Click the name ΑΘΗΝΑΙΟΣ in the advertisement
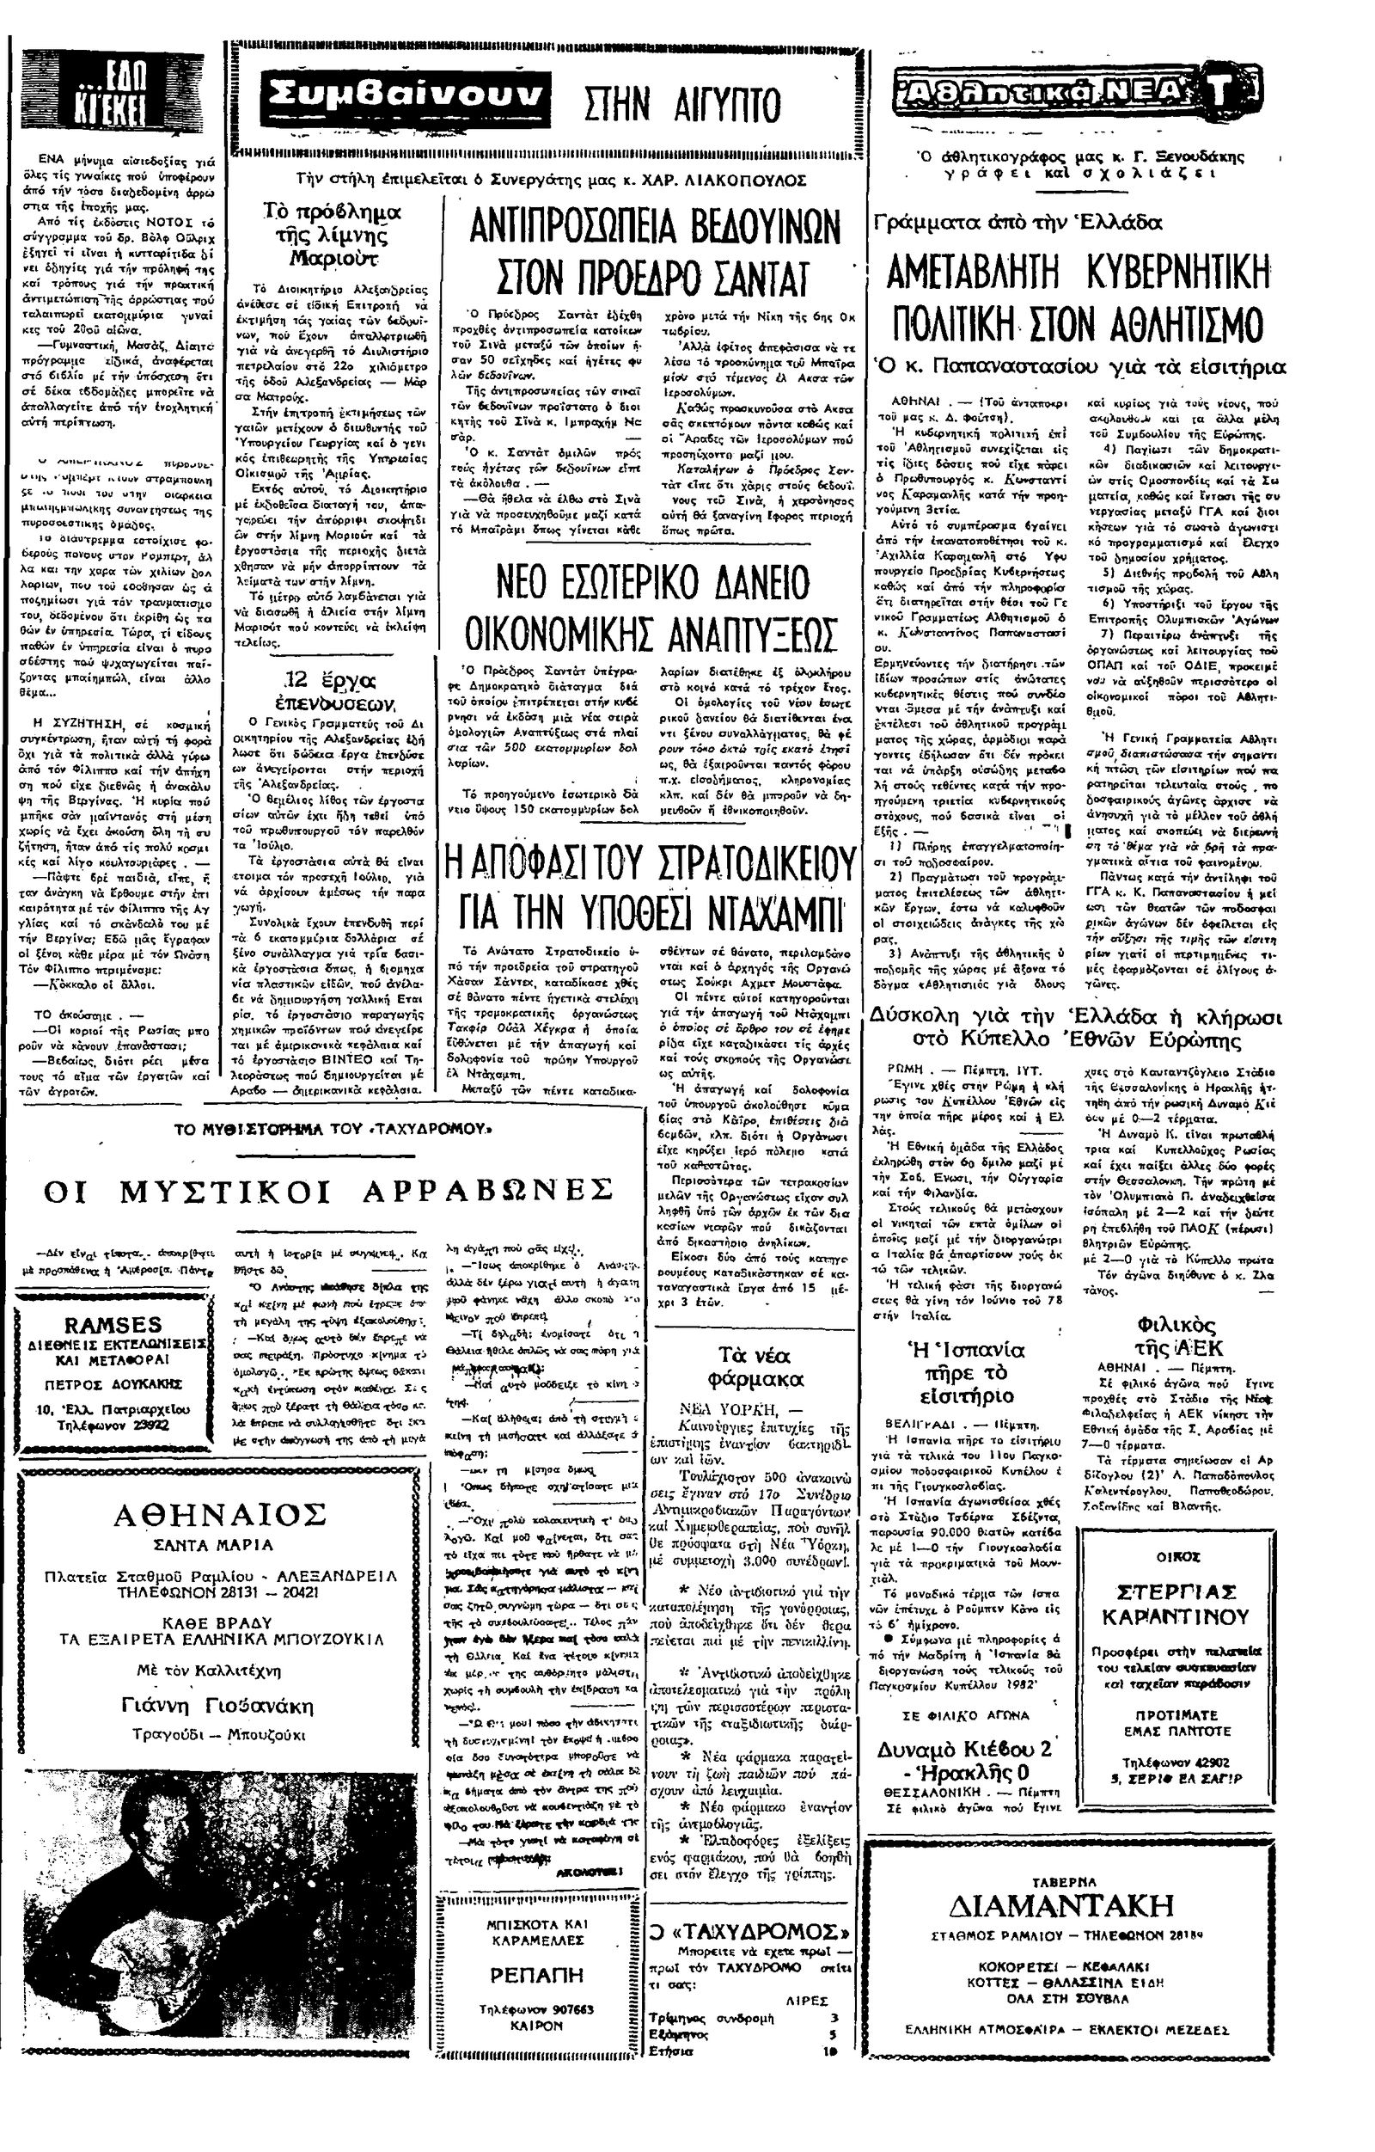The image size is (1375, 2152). [x=219, y=1514]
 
